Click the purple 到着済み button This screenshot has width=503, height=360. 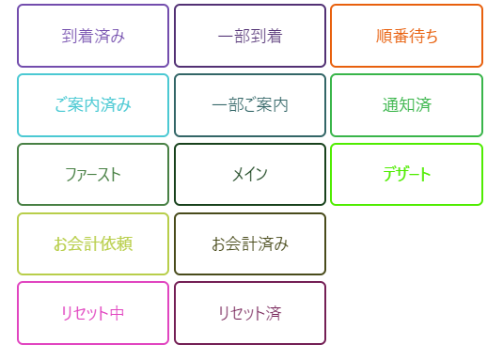pyautogui.click(x=93, y=36)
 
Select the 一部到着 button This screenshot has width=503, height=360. pyautogui.click(x=250, y=36)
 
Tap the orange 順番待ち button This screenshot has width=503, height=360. pyautogui.click(x=406, y=36)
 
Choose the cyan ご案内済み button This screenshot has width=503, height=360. pyautogui.click(x=93, y=105)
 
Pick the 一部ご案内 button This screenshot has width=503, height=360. pyautogui.click(x=250, y=105)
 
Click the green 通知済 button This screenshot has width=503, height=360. pyautogui.click(x=406, y=105)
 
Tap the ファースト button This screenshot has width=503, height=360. pyautogui.click(x=93, y=175)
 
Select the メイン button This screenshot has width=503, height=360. pyautogui.click(x=250, y=175)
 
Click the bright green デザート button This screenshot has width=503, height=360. pyautogui.click(x=406, y=175)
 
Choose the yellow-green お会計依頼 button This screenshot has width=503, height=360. pyautogui.click(x=93, y=243)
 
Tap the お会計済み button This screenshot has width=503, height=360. pyautogui.click(x=250, y=243)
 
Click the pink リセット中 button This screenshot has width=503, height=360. pyautogui.click(x=93, y=313)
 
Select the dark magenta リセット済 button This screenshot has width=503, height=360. pyautogui.click(x=250, y=313)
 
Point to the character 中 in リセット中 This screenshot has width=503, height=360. pyautogui.click(x=117, y=313)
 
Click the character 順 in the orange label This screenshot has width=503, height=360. pyautogui.click(x=384, y=36)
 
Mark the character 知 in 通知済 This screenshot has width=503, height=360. pyautogui.click(x=407, y=105)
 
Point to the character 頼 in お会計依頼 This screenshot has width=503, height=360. pyautogui.click(x=124, y=243)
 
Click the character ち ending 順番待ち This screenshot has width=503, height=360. pyautogui.click(x=431, y=36)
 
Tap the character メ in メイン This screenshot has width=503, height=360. pyautogui.click(x=239, y=175)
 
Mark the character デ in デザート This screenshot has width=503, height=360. pyautogui.click(x=390, y=175)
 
